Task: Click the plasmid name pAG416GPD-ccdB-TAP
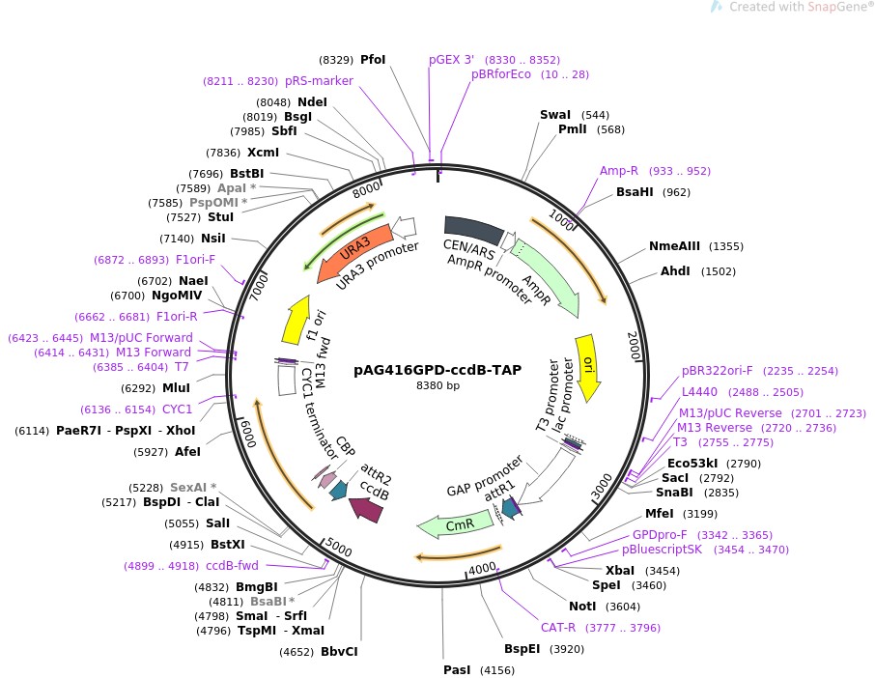pos(437,369)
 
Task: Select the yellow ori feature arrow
pos(587,363)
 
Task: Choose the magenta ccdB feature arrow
pos(368,506)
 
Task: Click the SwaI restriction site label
pos(555,114)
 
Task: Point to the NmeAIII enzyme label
pos(675,246)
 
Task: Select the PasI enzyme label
pos(457,668)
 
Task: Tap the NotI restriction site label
pos(582,606)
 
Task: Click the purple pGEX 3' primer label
pos(452,59)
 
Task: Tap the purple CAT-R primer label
pos(559,627)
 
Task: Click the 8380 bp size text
pos(437,385)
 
